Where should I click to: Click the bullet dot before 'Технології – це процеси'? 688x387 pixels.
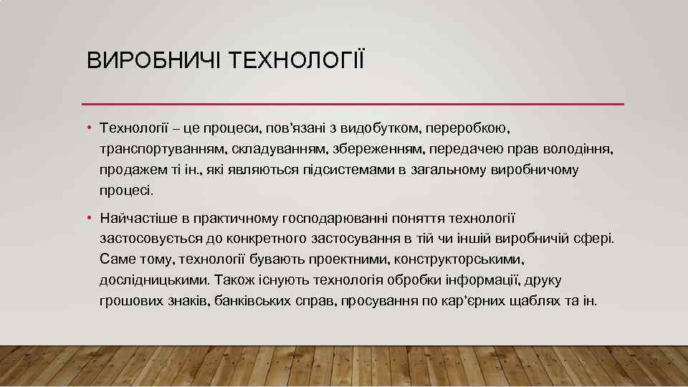(x=90, y=128)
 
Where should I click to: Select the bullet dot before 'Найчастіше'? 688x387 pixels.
(x=90, y=217)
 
